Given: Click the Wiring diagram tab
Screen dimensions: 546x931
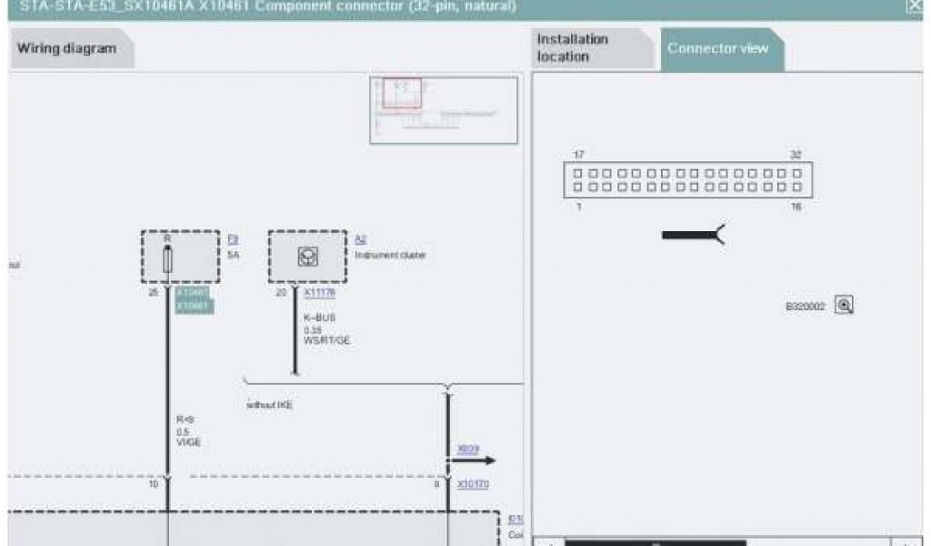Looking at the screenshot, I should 67,49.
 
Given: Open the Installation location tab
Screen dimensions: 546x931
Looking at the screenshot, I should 573,48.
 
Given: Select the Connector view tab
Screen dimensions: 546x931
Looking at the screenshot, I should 718,48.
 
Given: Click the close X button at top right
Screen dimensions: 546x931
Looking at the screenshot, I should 914,6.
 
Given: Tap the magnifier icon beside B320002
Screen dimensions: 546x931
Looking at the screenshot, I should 844,306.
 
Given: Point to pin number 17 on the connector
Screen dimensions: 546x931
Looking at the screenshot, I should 579,156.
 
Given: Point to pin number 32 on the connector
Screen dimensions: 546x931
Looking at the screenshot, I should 796,156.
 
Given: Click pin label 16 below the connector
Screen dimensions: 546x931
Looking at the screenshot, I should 796,207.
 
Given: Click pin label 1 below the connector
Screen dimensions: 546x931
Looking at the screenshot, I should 579,207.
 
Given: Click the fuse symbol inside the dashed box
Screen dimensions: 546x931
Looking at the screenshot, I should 167,258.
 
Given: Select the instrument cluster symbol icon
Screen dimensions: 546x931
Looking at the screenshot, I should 307,258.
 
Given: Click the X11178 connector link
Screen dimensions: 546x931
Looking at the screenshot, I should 319,293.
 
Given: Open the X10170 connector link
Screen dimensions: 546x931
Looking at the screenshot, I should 473,484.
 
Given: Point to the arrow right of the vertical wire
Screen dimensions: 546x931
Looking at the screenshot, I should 473,460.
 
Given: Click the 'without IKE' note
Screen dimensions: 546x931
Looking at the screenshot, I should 270,404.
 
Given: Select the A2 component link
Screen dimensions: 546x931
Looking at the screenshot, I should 360,239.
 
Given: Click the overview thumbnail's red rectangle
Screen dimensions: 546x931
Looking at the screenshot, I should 401,94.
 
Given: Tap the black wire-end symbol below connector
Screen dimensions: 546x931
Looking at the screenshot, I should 693,236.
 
